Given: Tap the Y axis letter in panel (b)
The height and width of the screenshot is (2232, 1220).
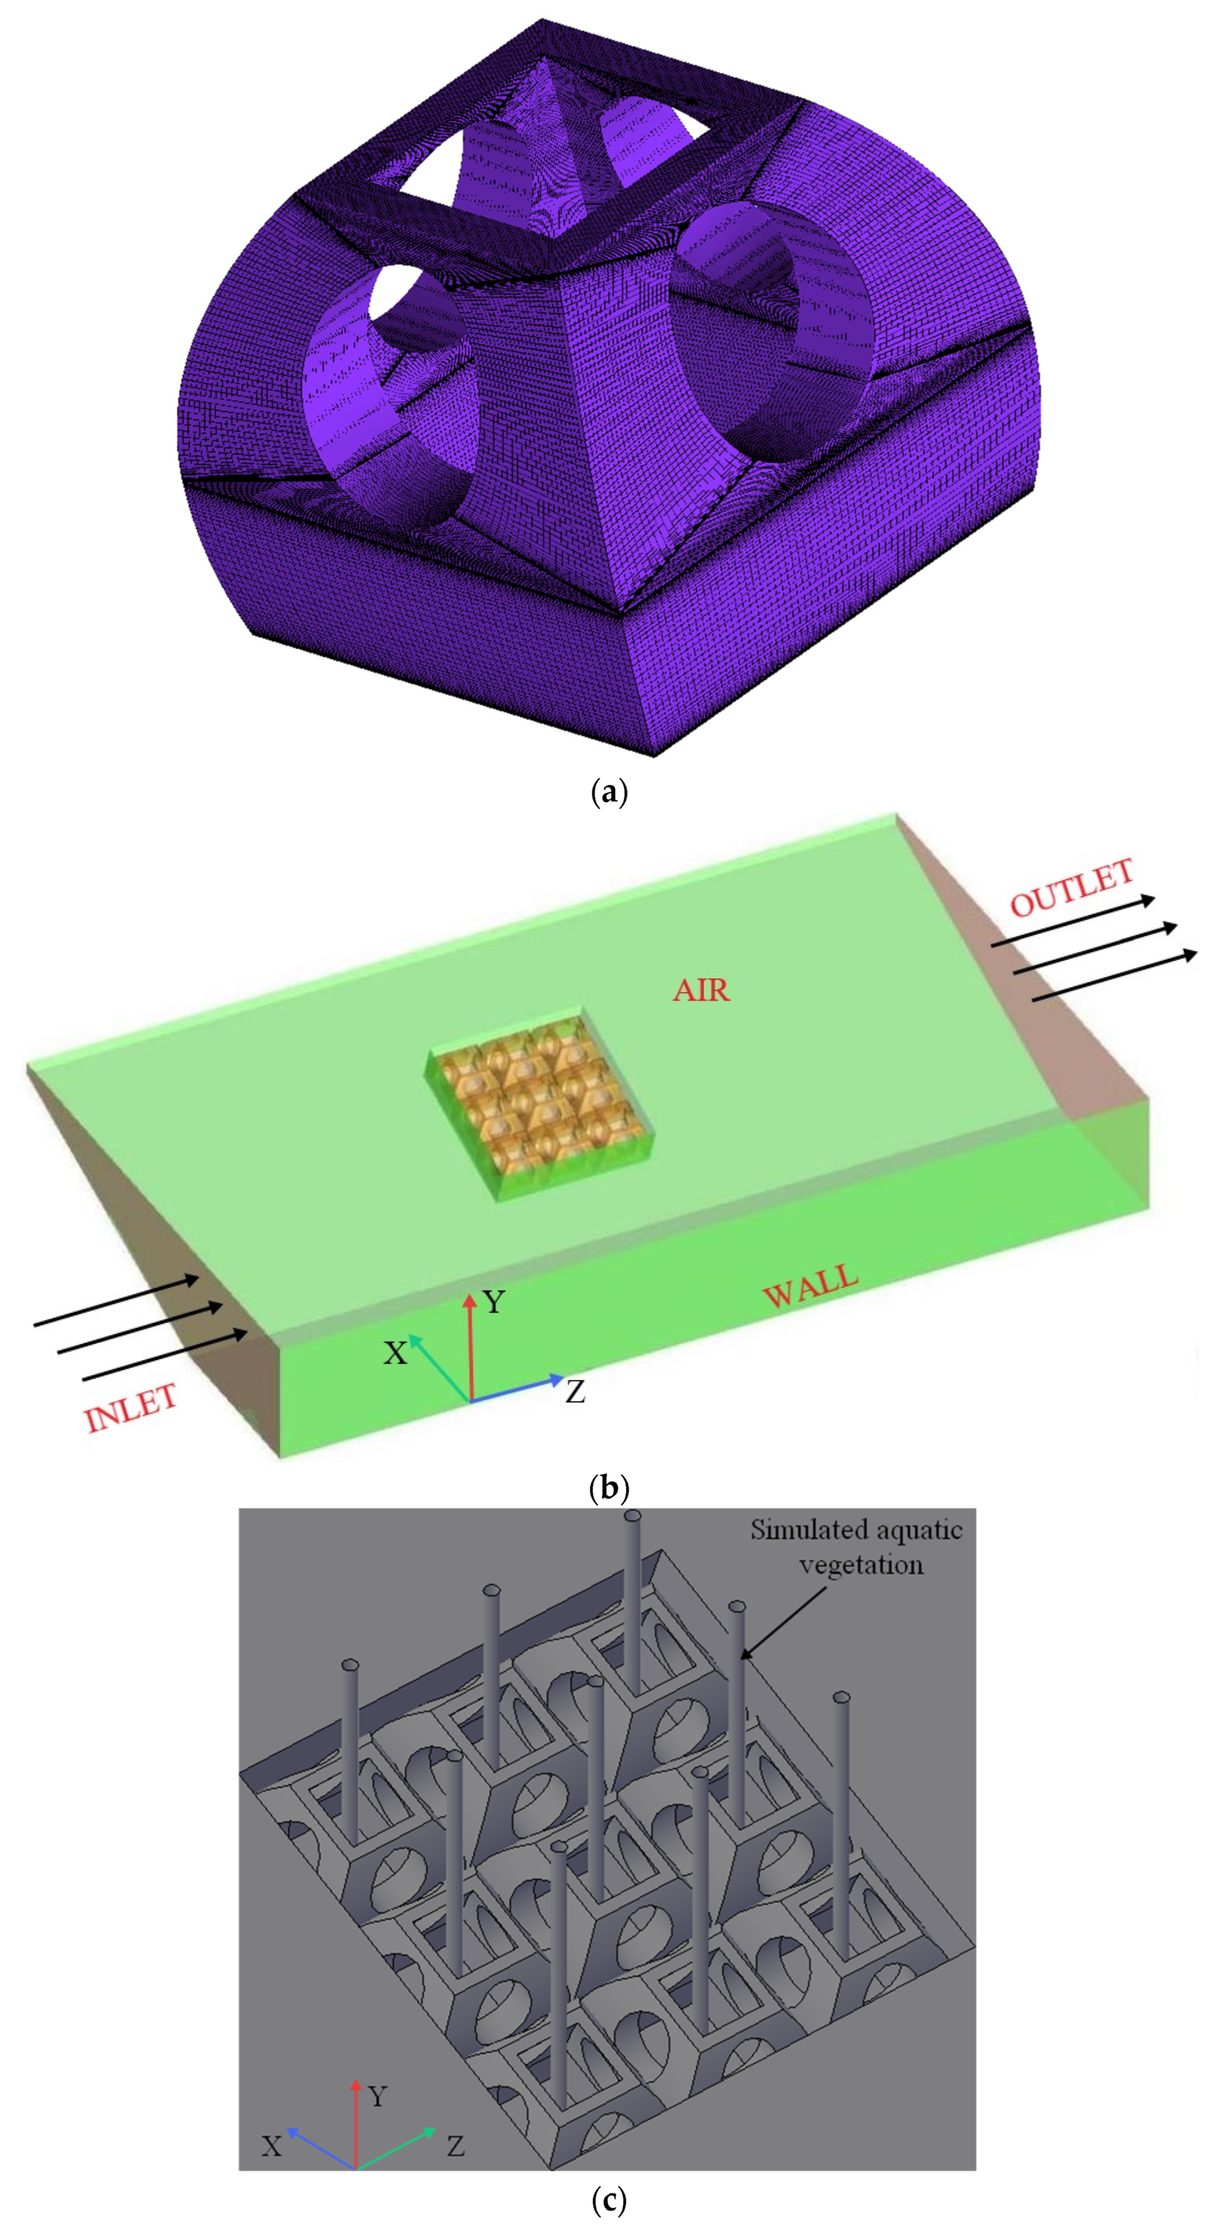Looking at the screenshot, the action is (494, 1302).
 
